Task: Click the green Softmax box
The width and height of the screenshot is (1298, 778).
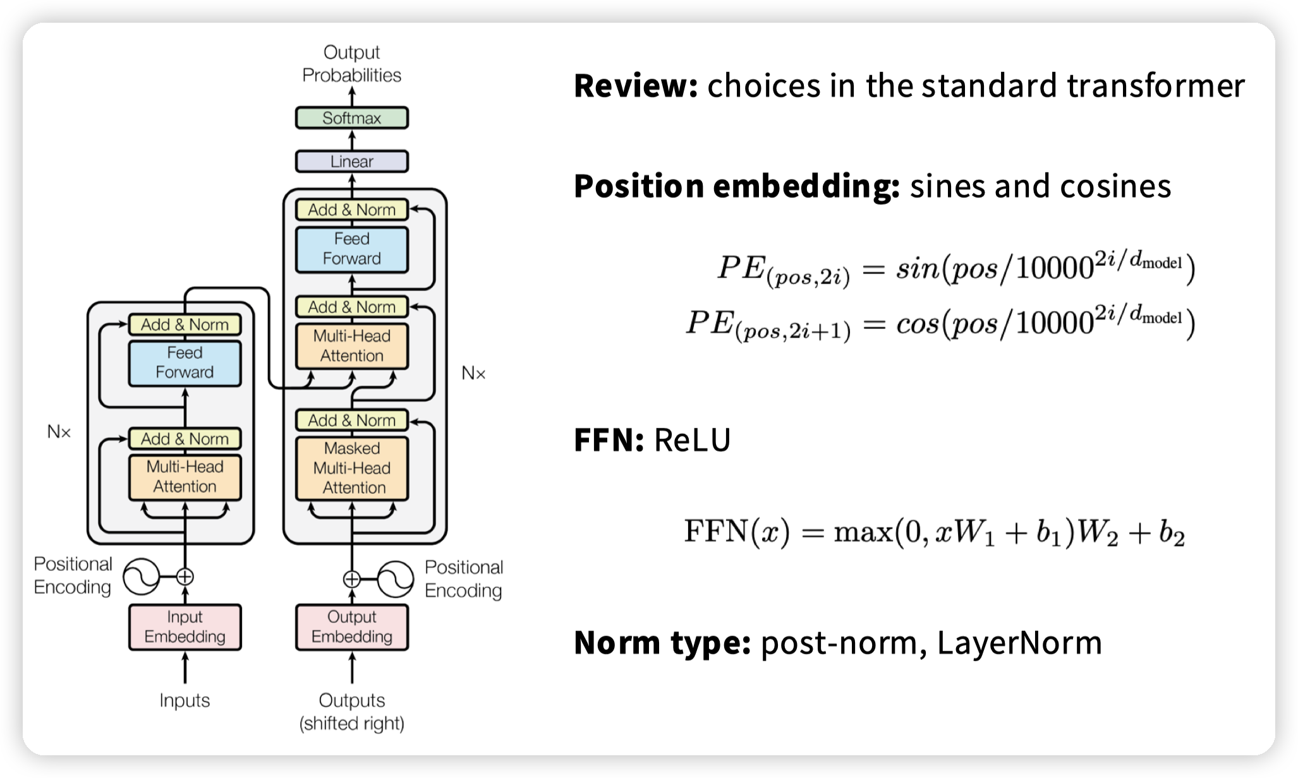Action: tap(352, 118)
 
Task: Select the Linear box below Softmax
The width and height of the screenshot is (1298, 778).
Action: tap(352, 162)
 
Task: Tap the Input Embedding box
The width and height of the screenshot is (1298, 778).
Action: tap(185, 627)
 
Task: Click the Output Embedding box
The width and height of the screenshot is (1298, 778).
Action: tap(352, 627)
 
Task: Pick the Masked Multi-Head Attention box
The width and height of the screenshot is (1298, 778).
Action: tap(352, 468)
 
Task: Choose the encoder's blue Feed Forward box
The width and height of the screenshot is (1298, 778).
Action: tap(185, 362)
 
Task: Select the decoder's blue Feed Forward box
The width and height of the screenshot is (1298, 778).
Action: tap(352, 249)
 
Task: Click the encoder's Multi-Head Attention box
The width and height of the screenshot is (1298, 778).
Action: tap(185, 477)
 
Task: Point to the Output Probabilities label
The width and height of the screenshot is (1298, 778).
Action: tap(351, 64)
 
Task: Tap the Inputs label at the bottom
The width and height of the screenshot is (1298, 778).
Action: tap(185, 700)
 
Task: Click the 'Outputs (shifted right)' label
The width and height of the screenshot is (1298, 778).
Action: tap(352, 712)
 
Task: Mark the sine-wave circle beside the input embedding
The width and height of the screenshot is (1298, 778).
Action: tap(140, 577)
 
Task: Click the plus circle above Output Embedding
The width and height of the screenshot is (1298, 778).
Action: tap(351, 579)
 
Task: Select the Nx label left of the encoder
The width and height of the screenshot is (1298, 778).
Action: tap(59, 432)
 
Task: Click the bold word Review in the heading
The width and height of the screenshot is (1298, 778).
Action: tap(635, 86)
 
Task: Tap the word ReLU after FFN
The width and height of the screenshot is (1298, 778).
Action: tap(692, 440)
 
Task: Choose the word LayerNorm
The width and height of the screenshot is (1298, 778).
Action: tap(1019, 643)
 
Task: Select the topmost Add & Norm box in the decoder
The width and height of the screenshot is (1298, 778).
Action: tap(352, 210)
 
